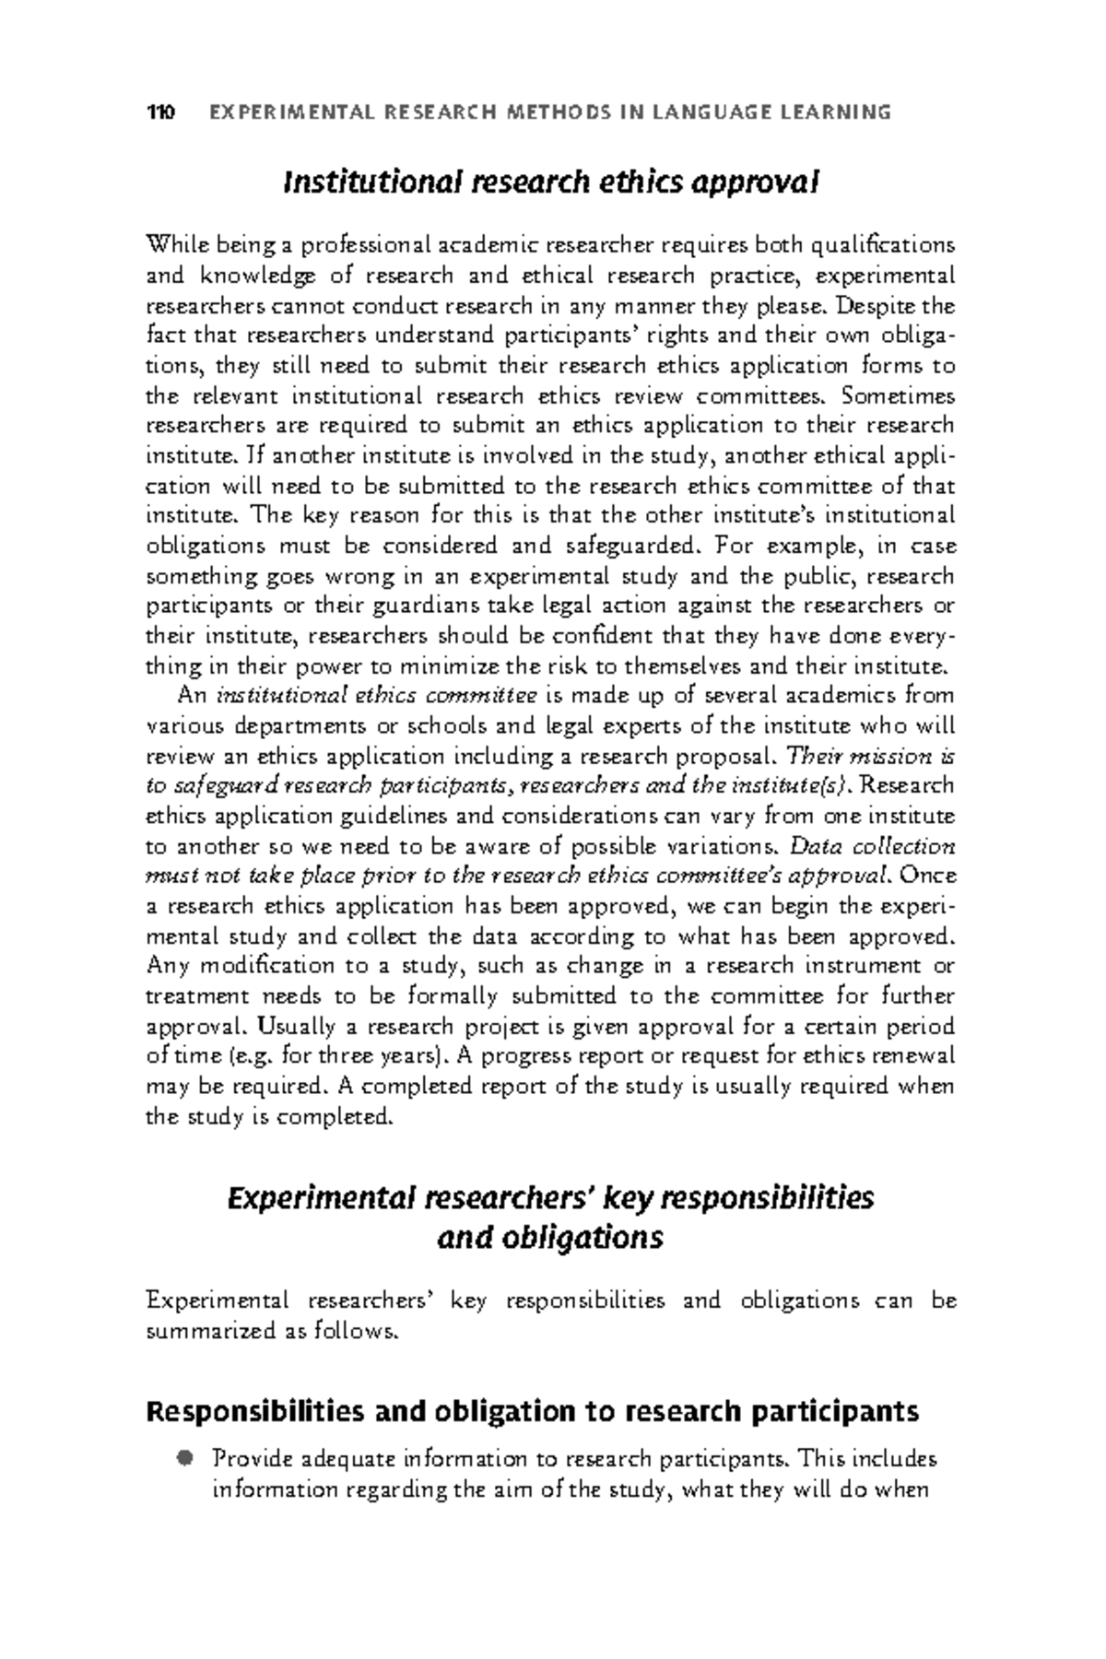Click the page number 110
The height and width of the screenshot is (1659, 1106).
(161, 113)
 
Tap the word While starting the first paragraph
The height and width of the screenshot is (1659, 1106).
(172, 245)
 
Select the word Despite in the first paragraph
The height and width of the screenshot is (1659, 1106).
(867, 305)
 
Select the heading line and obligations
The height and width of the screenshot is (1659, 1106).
(550, 1237)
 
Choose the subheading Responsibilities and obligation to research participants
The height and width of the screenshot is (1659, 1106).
(533, 1411)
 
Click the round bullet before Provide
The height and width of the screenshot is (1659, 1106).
(185, 1458)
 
